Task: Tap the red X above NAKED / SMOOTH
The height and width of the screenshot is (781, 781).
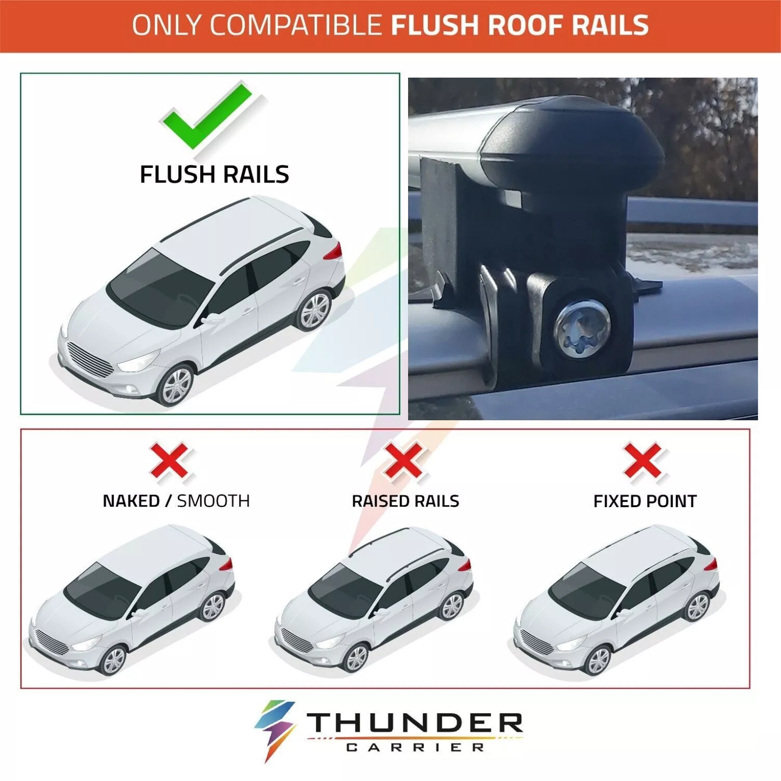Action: click(x=169, y=460)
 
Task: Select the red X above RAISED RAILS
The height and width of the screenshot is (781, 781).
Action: click(x=403, y=460)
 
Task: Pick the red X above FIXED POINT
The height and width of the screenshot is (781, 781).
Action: click(x=643, y=460)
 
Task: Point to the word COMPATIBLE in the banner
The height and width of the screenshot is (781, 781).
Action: click(x=296, y=25)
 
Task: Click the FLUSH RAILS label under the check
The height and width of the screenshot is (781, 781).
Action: click(x=214, y=174)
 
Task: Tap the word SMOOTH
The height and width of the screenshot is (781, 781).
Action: click(x=213, y=501)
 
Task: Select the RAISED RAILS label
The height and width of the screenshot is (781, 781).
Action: click(x=405, y=501)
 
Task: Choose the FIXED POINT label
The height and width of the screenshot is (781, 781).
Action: click(x=645, y=501)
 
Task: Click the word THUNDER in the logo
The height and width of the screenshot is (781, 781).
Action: click(x=415, y=723)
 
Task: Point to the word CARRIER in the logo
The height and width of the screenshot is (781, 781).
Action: click(x=415, y=747)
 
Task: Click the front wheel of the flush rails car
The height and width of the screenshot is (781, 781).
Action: click(x=176, y=386)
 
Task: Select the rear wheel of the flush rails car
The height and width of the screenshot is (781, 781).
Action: click(x=314, y=310)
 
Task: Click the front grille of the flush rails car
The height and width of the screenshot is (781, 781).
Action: click(x=90, y=360)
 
